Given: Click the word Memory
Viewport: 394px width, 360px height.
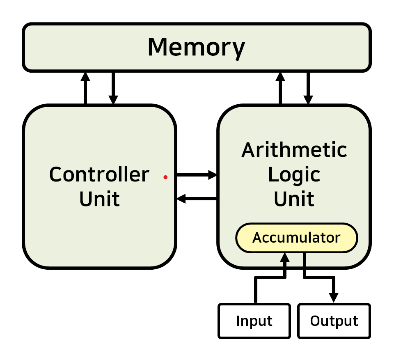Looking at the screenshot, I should pos(196,48).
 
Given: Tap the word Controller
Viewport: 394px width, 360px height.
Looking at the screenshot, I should pos(99,175).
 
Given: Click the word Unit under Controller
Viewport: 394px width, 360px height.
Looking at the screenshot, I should pos(99,199).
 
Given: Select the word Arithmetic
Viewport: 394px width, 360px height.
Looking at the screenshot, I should pos(294,150).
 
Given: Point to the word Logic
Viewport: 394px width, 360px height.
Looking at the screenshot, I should pos(294,175).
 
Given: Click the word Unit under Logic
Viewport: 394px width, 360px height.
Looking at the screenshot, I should pos(294,199).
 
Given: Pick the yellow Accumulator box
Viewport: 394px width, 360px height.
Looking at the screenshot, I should pos(296,238).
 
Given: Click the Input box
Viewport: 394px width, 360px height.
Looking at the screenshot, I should pos(254,321).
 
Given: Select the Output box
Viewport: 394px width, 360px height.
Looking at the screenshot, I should pos(334,321).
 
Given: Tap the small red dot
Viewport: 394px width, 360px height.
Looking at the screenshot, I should pos(165,177).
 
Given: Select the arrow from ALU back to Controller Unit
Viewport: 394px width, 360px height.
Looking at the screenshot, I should pos(197,199).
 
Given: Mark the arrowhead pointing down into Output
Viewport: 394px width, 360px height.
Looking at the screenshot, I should pos(334,297).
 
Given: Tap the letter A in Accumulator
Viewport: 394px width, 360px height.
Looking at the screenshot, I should pos(257,238).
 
